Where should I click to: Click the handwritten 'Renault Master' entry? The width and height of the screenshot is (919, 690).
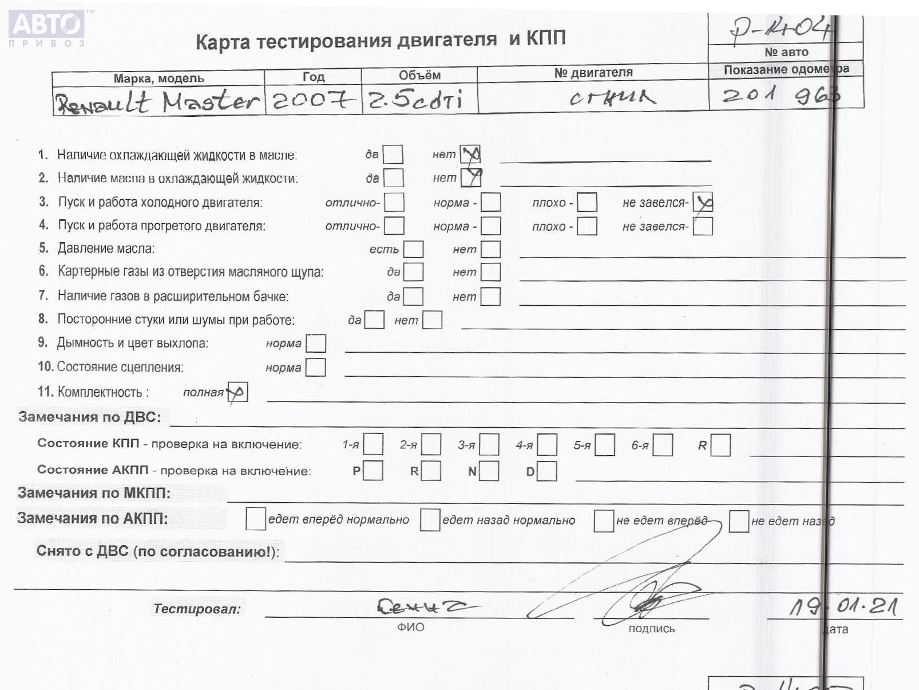point(157,102)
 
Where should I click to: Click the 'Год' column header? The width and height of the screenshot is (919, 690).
point(313,77)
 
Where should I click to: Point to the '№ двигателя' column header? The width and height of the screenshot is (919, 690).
point(593,73)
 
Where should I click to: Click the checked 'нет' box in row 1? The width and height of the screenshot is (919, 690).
point(470,154)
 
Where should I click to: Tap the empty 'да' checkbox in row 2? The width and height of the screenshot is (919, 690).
point(393,178)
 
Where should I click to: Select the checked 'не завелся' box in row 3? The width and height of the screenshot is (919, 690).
point(703,202)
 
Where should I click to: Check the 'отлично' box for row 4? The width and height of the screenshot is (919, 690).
point(394,226)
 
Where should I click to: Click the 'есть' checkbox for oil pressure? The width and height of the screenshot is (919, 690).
point(413,249)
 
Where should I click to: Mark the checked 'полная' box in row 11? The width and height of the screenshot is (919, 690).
point(237,392)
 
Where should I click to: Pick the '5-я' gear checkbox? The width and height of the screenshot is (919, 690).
point(604,445)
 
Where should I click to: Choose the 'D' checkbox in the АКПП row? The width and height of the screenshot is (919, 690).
point(546,471)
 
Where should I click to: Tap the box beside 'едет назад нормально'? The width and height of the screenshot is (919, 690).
point(430,520)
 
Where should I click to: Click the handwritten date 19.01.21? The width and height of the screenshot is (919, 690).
point(843,606)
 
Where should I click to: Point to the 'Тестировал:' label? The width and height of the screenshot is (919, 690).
point(197,609)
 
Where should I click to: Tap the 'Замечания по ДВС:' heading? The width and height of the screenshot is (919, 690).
point(89,417)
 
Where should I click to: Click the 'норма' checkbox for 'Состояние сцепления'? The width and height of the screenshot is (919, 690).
point(315,367)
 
